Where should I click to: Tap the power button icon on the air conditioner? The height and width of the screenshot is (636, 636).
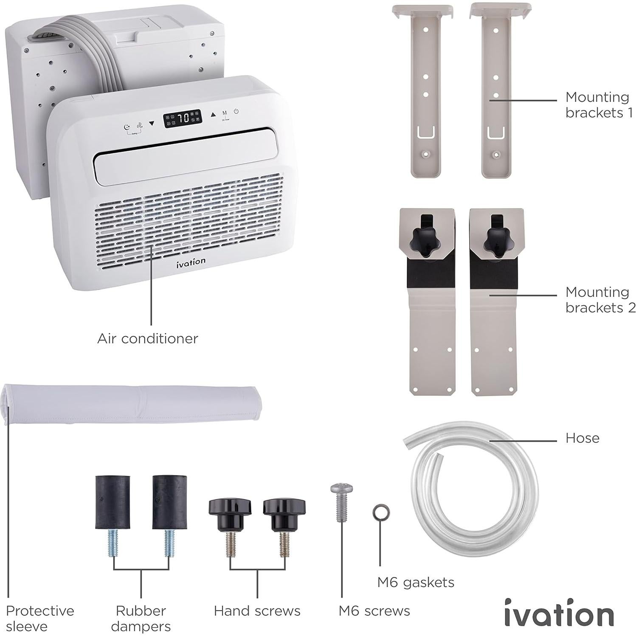pos(236,112)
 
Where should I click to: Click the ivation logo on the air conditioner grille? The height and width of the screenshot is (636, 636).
pos(191,262)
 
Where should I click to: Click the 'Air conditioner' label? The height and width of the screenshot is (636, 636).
pos(147,338)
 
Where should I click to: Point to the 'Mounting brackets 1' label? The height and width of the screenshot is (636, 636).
pos(599,104)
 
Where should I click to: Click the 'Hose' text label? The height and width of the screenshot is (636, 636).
pos(582,438)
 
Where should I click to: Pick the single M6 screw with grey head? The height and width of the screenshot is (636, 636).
pos(341,501)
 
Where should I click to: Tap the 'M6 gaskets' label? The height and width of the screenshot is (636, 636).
pos(415,582)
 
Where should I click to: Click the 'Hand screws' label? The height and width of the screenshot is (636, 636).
pos(257,611)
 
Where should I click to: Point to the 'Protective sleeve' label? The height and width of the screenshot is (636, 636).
pos(39,618)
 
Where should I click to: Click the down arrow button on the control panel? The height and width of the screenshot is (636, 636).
pos(152,124)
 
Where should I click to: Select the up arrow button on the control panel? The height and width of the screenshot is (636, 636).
pos(213,114)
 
